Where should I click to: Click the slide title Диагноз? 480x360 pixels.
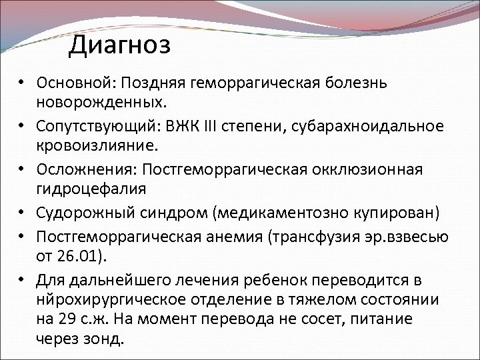click(x=120, y=45)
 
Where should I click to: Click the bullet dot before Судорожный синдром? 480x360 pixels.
click(x=22, y=213)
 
